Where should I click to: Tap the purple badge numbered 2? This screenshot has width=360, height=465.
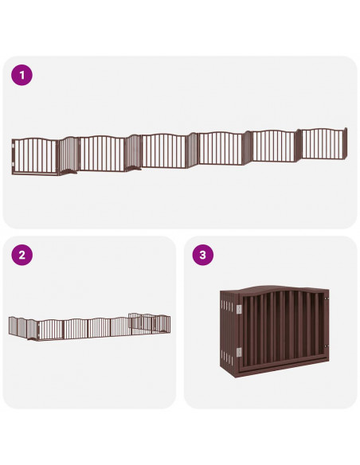point(22,256)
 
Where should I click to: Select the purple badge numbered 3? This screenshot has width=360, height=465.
point(202,256)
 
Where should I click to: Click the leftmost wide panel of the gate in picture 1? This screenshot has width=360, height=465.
point(37,155)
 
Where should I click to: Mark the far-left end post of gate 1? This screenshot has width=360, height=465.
point(14,157)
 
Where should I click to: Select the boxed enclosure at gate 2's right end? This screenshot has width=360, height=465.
point(149,322)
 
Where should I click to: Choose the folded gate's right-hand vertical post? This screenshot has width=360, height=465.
point(327,328)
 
